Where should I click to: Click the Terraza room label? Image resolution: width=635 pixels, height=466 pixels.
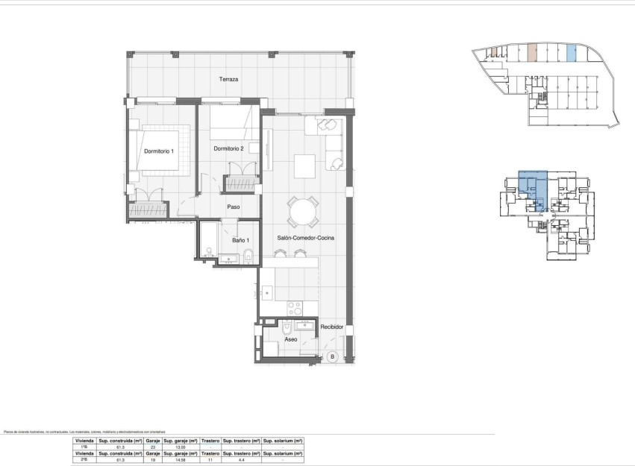click(x=228, y=79)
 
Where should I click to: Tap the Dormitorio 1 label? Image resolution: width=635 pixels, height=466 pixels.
click(x=158, y=151)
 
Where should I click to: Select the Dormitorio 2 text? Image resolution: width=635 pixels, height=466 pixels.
click(x=229, y=149)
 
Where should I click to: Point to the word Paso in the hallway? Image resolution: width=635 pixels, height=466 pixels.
click(x=233, y=207)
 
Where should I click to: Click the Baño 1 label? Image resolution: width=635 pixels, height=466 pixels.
click(x=240, y=240)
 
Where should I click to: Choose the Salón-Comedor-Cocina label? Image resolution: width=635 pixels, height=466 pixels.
click(x=307, y=237)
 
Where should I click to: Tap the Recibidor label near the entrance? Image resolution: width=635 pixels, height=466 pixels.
click(x=331, y=327)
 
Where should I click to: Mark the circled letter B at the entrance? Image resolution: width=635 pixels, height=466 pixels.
click(x=332, y=357)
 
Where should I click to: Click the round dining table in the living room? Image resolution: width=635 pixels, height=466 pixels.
click(x=304, y=212)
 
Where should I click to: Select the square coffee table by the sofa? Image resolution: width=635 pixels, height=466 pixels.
click(x=304, y=163)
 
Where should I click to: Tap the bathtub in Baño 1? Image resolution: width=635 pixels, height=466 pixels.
click(x=207, y=240)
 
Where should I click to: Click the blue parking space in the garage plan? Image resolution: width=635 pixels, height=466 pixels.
click(x=571, y=53)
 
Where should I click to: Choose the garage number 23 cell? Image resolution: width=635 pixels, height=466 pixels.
click(x=152, y=447)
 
